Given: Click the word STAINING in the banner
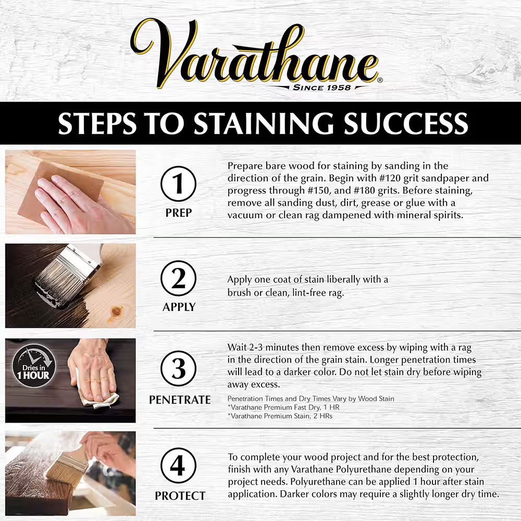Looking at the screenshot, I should pos(263,123).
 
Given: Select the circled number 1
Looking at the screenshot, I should pos(179,184).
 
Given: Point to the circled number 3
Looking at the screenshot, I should pos(179,369).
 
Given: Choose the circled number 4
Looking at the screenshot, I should pos(179,465).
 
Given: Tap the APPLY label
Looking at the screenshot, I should pos(179,307).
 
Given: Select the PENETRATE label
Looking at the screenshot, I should pos(179,400).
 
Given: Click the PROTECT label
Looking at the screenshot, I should pos(179,495).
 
